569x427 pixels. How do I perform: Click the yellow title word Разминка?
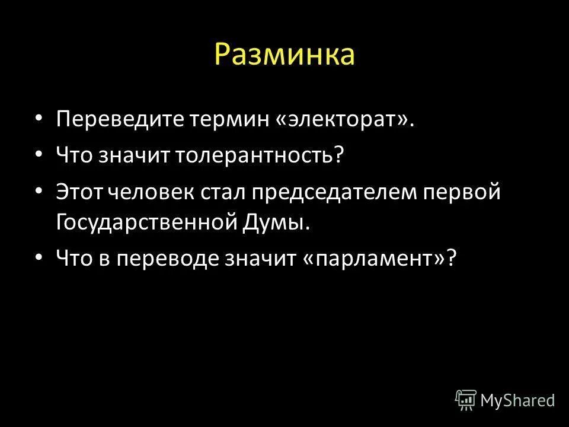(x=284, y=55)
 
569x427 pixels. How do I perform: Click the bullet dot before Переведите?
(x=39, y=119)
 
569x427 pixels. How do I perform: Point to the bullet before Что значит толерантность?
(x=39, y=154)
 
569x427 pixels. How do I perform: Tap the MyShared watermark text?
(x=517, y=400)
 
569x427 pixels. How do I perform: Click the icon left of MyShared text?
(x=465, y=400)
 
